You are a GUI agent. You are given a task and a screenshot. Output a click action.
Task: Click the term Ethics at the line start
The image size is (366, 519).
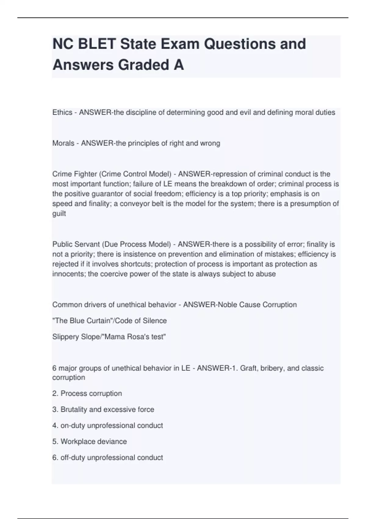(62, 112)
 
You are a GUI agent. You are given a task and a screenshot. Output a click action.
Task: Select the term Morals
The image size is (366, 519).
(63, 143)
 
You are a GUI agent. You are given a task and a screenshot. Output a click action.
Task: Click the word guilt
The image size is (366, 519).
(59, 213)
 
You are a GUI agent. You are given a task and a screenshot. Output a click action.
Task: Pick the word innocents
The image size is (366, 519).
(69, 274)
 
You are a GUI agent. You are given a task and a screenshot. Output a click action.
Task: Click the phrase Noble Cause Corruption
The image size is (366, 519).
(257, 305)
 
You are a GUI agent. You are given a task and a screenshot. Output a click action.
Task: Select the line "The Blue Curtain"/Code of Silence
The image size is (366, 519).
(109, 321)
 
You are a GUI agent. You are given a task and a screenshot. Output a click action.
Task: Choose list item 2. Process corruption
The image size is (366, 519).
(87, 393)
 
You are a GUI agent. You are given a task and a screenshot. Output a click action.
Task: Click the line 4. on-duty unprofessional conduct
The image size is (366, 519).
(108, 425)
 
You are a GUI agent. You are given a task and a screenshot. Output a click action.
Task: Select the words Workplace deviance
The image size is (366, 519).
(94, 441)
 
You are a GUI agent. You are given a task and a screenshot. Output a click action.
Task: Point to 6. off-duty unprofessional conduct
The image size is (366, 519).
(108, 457)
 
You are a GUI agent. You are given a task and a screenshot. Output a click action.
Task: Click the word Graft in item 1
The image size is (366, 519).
(248, 368)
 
